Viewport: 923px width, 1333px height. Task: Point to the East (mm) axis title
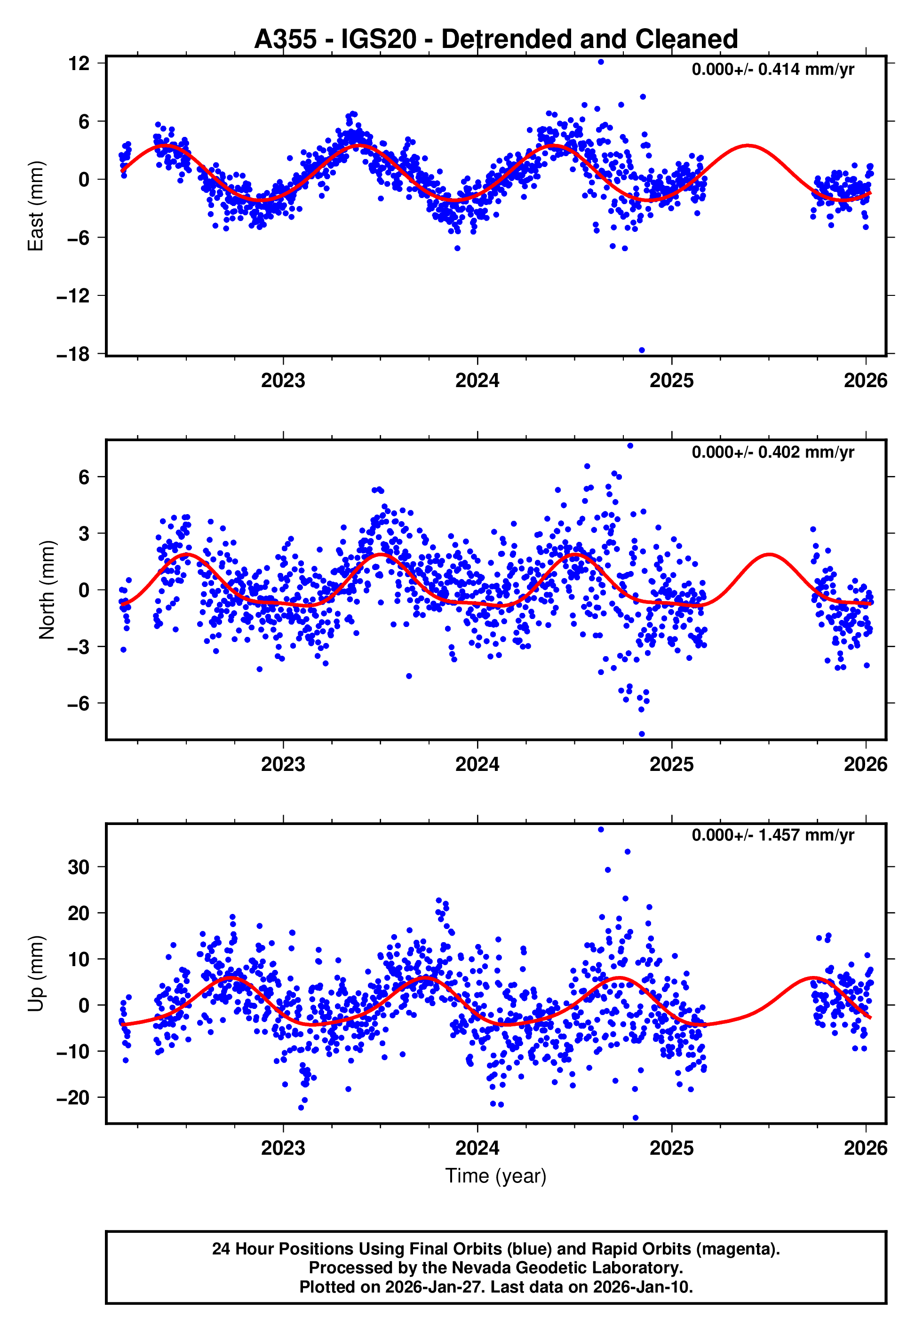click(x=36, y=206)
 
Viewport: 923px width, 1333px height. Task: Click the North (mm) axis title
click(x=46, y=590)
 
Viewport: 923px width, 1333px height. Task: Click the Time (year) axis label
click(x=496, y=1176)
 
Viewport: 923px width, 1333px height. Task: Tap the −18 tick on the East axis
click(x=73, y=354)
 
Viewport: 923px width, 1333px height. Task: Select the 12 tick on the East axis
click(x=79, y=63)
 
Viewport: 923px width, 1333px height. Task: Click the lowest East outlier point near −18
click(x=641, y=350)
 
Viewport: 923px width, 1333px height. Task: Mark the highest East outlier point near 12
click(x=601, y=62)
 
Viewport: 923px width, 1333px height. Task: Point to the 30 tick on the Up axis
click(x=79, y=867)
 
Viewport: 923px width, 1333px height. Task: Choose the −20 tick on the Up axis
click(x=73, y=1098)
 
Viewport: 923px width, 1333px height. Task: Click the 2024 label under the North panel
click(x=477, y=764)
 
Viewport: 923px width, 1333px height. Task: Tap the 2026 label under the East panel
click(x=865, y=381)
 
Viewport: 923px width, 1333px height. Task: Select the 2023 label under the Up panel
click(x=283, y=1148)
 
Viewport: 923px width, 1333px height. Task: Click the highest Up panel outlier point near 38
click(x=601, y=830)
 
